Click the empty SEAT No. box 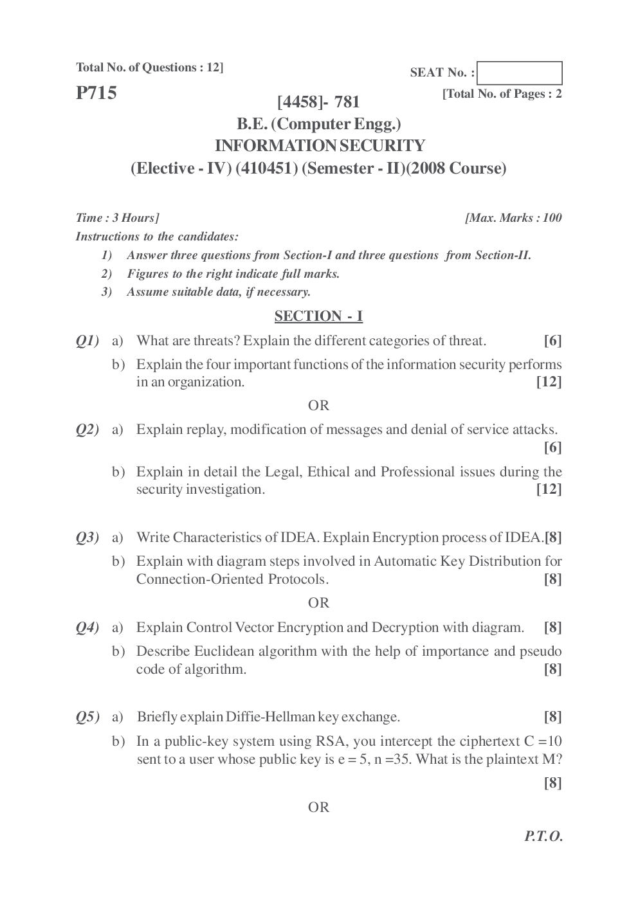coord(520,73)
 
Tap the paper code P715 coord(96,93)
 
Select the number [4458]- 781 coord(318,102)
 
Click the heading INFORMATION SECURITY coord(319,146)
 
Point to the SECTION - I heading coord(318,316)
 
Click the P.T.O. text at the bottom coord(543,836)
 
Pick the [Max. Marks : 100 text coord(513,218)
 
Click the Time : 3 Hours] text coord(118,218)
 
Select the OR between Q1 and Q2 coord(318,406)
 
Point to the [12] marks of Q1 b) coord(549,383)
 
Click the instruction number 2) coord(107,274)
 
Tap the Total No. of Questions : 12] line coord(150,68)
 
